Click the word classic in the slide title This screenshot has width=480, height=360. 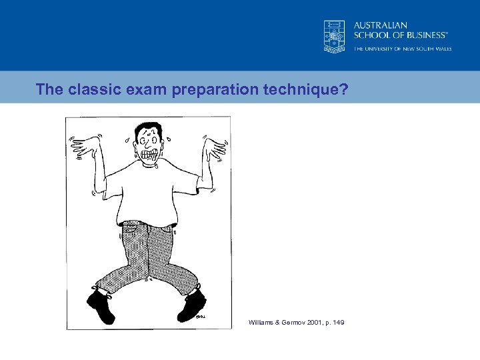(91, 89)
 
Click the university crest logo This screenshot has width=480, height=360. (335, 35)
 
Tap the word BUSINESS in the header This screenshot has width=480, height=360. (418, 35)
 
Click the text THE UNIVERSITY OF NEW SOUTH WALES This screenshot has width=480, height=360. (402, 49)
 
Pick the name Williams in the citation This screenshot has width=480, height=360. (261, 323)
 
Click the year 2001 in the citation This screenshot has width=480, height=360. (311, 323)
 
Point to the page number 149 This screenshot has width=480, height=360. (338, 323)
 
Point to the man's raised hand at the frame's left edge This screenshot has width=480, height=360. (83, 148)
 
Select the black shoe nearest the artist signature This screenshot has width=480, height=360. (191, 305)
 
